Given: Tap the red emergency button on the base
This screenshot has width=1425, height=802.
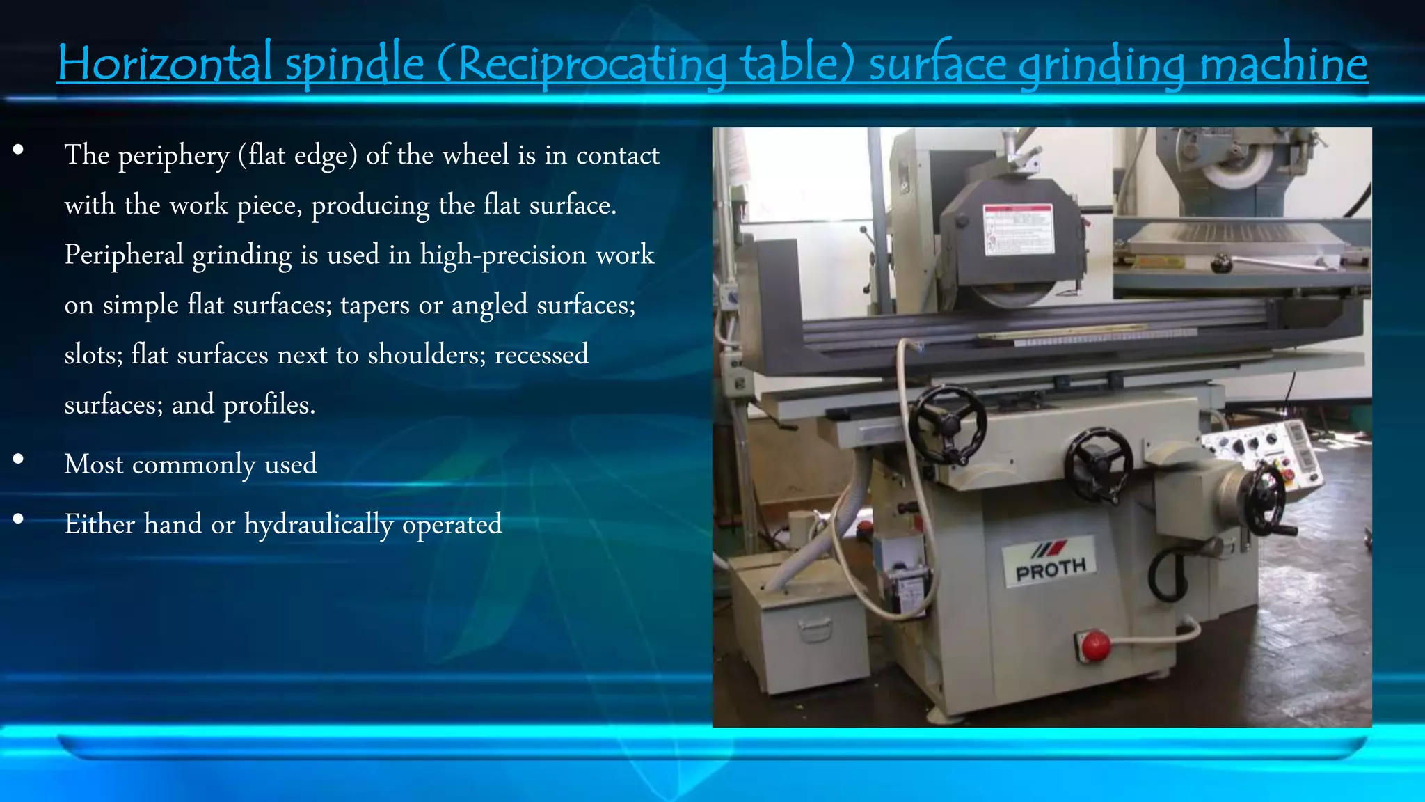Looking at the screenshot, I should click(1094, 646).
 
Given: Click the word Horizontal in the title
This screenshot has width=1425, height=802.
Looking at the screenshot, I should click(164, 64).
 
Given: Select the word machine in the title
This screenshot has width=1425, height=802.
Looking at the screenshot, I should click(1284, 64).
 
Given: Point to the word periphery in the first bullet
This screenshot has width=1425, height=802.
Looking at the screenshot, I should click(173, 156).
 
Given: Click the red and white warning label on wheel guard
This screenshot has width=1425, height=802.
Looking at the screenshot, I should click(1018, 230).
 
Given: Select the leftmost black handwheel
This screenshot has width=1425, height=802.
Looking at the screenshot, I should click(947, 424).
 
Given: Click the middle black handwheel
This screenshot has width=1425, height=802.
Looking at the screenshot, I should click(1097, 464).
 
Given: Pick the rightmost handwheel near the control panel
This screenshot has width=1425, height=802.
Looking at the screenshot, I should click(1266, 498).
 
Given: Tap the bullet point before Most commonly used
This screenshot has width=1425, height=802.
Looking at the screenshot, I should click(18, 459).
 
